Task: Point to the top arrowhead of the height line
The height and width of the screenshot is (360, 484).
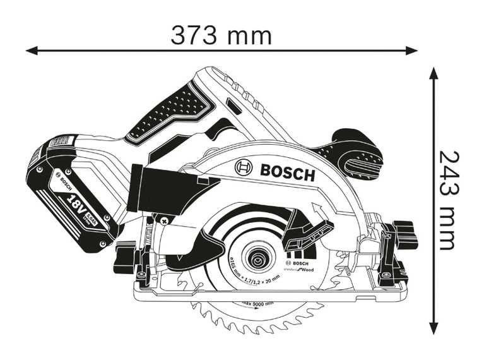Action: click(434, 73)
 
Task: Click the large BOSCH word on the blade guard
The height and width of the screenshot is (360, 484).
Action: click(286, 171)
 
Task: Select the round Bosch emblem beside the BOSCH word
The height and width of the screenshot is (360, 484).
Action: click(244, 167)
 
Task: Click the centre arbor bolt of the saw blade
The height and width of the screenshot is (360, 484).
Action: click(257, 260)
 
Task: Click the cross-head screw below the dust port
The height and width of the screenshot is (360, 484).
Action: click(164, 221)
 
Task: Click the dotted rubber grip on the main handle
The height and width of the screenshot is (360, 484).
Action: click(168, 113)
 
